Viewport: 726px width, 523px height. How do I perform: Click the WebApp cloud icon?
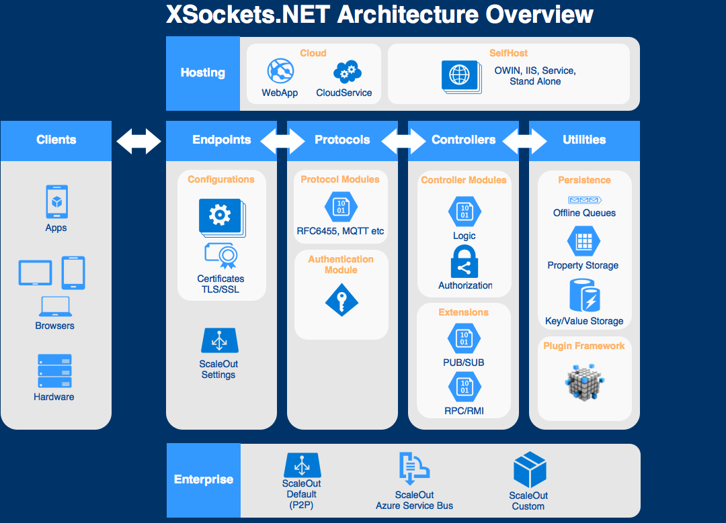[280, 71]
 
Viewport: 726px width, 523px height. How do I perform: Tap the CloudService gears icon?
[347, 71]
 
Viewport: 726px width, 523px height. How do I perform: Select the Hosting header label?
[203, 73]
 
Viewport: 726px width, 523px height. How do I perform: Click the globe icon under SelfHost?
[460, 74]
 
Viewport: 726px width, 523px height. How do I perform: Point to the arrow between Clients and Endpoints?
[138, 140]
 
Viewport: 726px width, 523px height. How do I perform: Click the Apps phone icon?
[56, 201]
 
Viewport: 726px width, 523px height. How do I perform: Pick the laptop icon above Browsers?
[54, 306]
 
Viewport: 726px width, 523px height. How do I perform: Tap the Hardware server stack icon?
[54, 371]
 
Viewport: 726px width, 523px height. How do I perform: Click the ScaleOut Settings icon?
[219, 342]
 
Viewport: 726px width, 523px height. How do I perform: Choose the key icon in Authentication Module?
[341, 301]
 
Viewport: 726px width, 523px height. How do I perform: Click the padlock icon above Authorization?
[465, 262]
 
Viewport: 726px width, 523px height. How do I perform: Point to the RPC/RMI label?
[464, 411]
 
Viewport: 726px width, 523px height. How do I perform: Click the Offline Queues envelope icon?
[584, 199]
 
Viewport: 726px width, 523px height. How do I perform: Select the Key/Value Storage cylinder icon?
[584, 296]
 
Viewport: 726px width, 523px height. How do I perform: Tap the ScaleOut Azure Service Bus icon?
[413, 469]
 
